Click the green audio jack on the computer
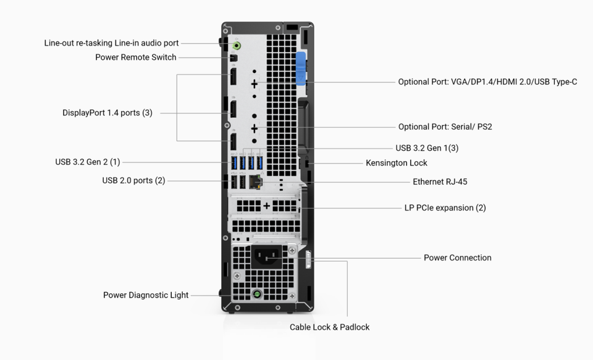[237, 44]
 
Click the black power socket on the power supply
[267, 254]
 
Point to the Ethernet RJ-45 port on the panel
[256, 182]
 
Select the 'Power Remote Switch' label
[135, 57]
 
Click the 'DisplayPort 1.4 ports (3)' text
[107, 113]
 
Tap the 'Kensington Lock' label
[396, 163]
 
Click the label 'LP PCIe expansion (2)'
[445, 208]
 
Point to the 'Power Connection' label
[457, 258]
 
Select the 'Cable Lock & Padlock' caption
[329, 327]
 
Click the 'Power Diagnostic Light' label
[146, 295]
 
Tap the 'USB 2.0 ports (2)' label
[133, 181]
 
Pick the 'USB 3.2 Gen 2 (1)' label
[87, 162]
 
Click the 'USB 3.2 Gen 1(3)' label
[427, 148]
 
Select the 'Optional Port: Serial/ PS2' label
[445, 127]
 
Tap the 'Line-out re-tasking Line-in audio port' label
[111, 43]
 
